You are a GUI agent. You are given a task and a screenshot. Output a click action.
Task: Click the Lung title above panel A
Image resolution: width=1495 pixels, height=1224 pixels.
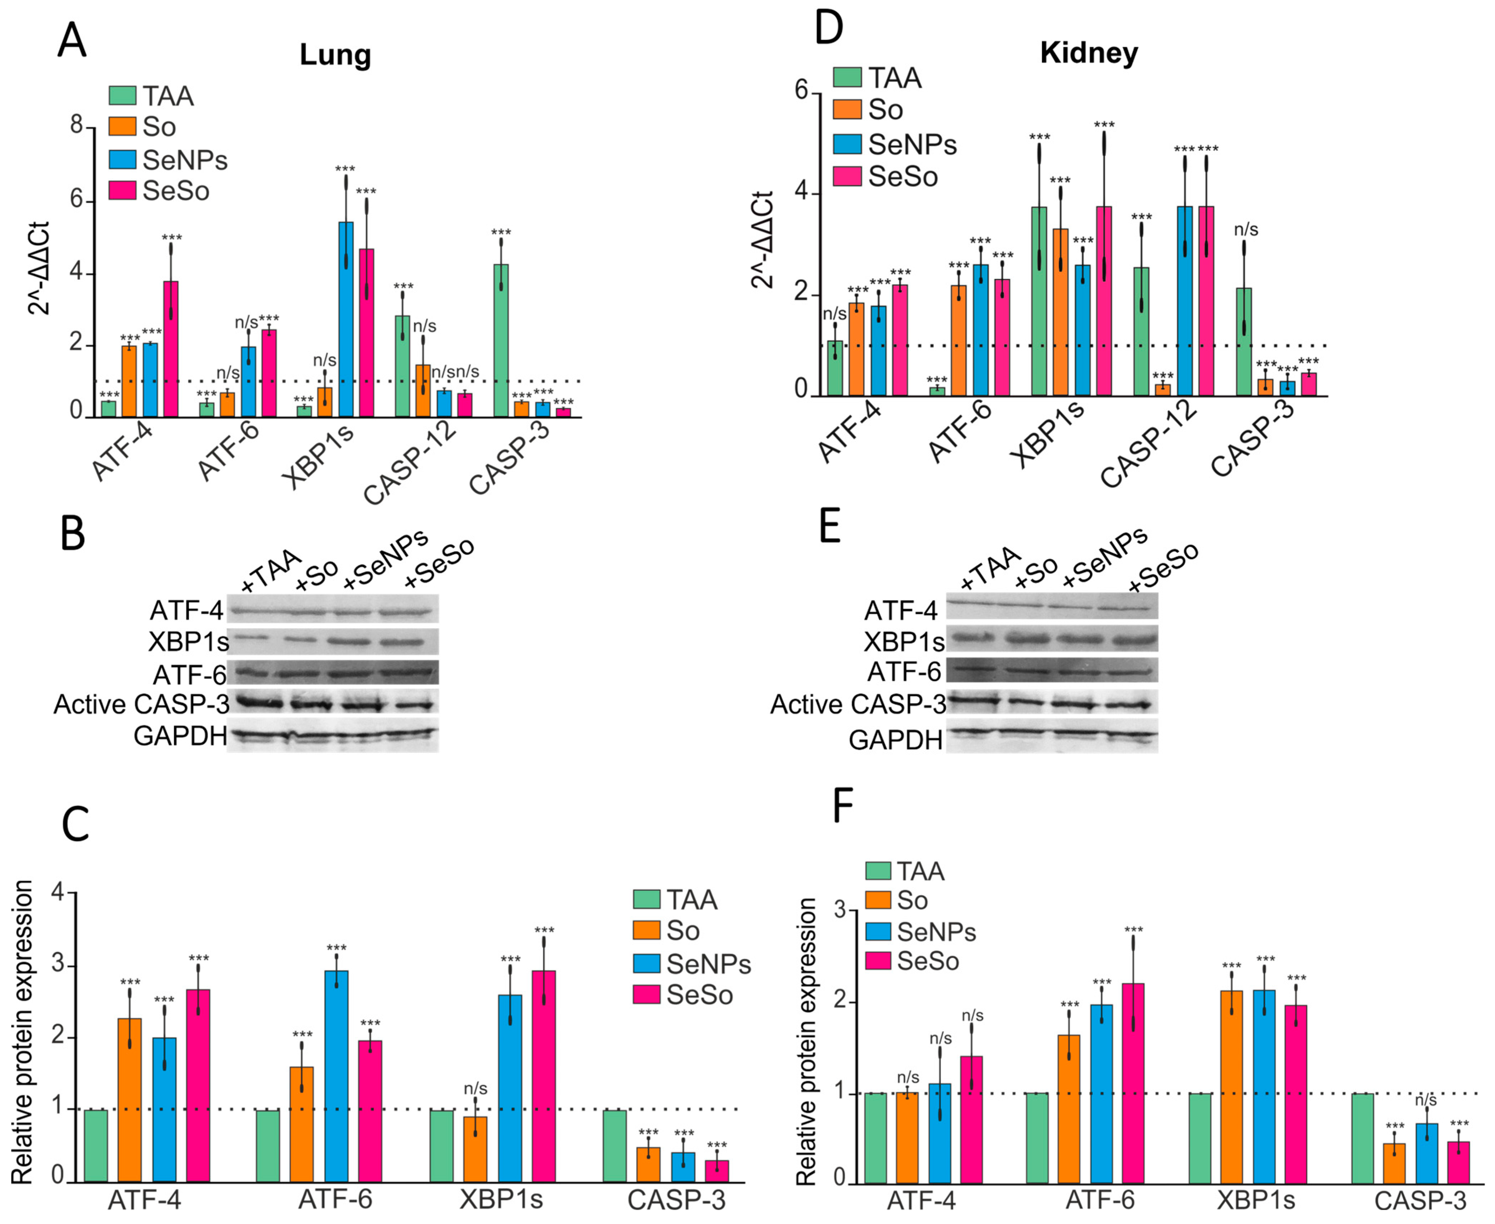[335, 55]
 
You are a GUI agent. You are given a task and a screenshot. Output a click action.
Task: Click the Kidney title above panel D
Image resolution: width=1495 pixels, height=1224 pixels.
[1088, 53]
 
